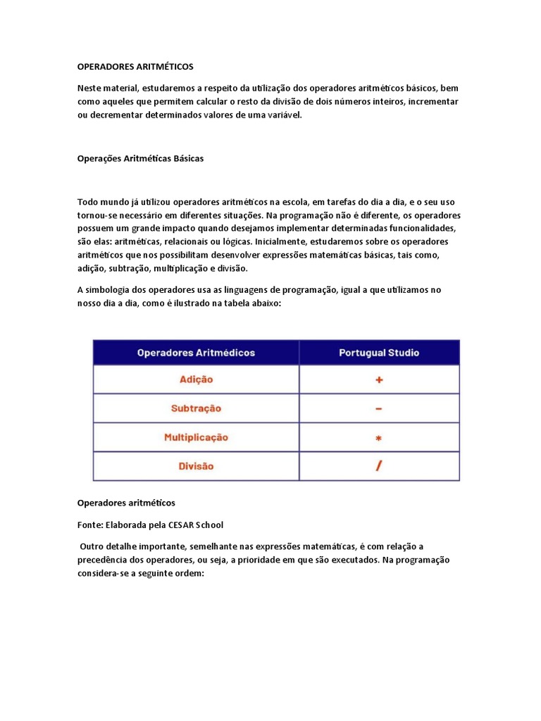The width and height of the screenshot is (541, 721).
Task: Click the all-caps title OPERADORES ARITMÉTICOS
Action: [135, 66]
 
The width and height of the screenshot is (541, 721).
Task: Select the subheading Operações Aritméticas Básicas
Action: [140, 158]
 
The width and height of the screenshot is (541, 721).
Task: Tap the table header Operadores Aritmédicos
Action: [196, 352]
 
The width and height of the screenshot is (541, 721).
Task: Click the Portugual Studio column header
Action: [379, 352]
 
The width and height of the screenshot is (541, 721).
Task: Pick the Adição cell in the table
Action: [196, 380]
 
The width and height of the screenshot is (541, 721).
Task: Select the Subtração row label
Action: [196, 408]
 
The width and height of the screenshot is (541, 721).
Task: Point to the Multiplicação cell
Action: [196, 437]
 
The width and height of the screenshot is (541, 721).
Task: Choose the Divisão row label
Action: [196, 466]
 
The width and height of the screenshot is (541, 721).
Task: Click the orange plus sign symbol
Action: [379, 380]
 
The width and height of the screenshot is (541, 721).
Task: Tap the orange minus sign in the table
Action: [379, 408]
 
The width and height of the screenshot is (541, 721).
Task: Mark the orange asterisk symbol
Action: [379, 438]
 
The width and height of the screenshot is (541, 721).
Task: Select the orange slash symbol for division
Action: [379, 466]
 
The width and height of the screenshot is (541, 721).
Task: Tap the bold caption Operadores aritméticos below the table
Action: [126, 503]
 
